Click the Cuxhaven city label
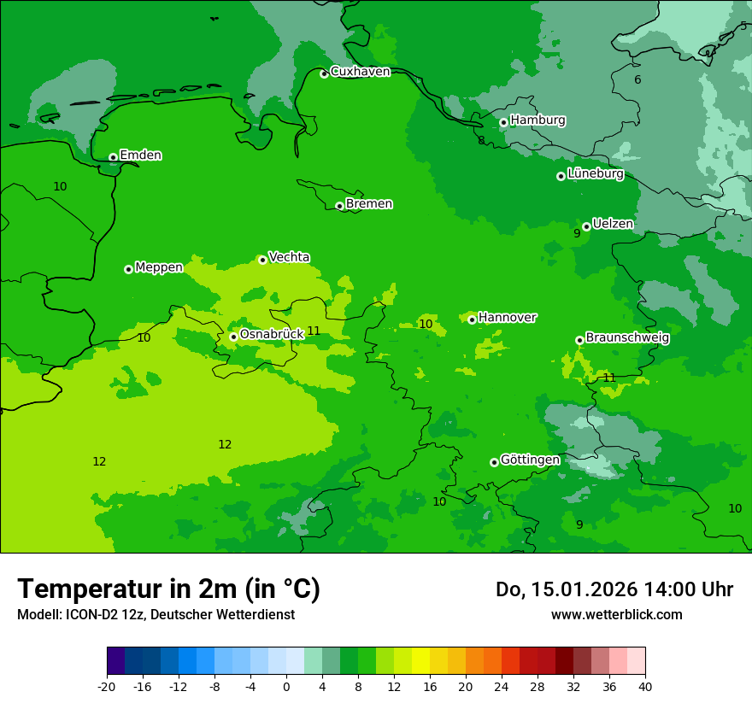(x=360, y=72)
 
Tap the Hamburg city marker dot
(x=503, y=122)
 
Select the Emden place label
(x=140, y=155)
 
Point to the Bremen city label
(x=369, y=204)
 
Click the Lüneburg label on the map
(x=595, y=174)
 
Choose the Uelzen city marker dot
(x=586, y=226)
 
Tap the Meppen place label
(x=159, y=267)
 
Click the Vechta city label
(x=289, y=257)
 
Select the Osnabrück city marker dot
(x=233, y=337)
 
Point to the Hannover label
(x=507, y=318)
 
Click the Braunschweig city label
(x=627, y=338)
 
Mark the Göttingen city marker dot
(x=494, y=462)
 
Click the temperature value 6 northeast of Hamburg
(x=637, y=80)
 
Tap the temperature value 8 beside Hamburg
(x=481, y=141)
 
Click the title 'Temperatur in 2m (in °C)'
(x=168, y=589)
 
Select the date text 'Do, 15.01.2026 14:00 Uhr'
(x=614, y=589)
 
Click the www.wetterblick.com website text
(x=616, y=615)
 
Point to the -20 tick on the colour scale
(x=107, y=687)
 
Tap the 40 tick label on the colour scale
(x=644, y=687)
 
